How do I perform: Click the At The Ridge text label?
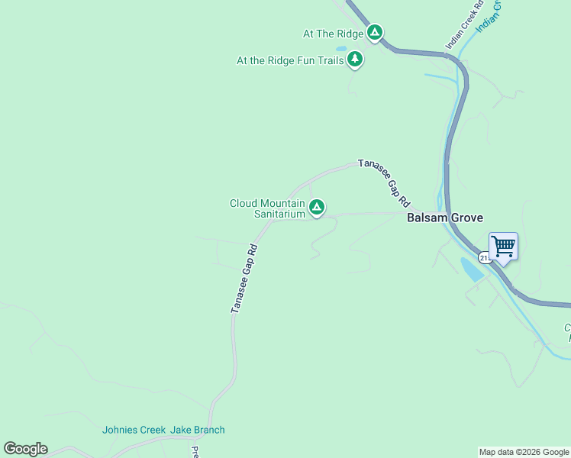coord(333,34)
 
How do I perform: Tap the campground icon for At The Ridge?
coord(374,33)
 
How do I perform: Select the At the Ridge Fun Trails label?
coord(290,60)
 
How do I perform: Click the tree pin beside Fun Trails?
coord(354,59)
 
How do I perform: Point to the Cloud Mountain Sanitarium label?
coord(267,208)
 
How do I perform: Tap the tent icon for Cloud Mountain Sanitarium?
coord(317,207)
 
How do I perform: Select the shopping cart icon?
coord(503,247)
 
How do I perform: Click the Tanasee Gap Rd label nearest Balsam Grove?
coord(386,185)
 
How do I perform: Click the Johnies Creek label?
coord(134,430)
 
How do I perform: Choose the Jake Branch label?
coord(198,430)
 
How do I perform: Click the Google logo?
coord(25,449)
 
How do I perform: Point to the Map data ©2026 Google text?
coord(524,452)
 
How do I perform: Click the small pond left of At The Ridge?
coord(341,48)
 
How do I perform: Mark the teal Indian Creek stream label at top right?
coord(489,15)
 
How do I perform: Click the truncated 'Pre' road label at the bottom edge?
coord(195,451)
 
